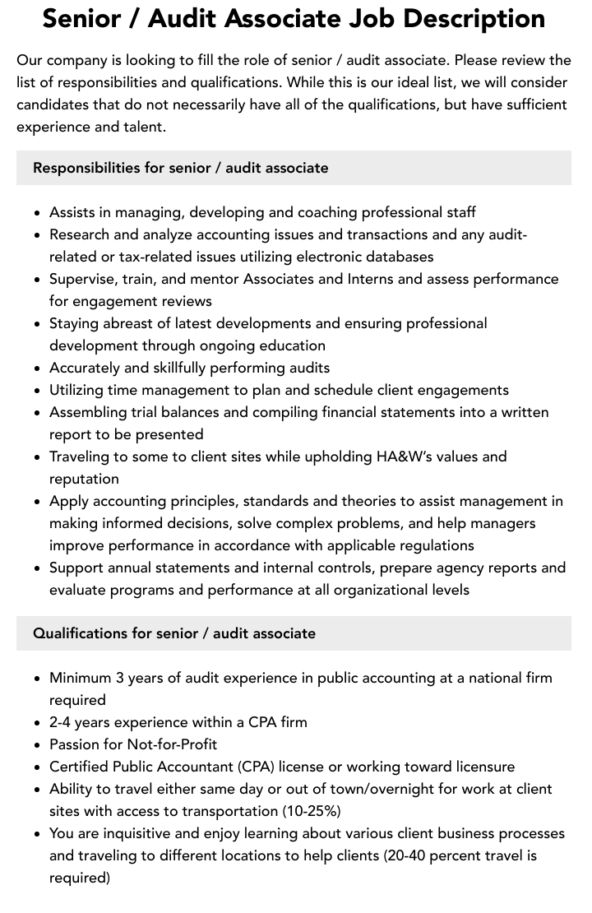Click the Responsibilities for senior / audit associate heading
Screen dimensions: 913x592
click(180, 168)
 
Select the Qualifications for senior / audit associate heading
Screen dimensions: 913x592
click(173, 633)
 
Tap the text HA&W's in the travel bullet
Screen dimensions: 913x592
click(421, 456)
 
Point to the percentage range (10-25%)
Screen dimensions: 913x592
click(312, 811)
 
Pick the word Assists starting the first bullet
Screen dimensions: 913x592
click(72, 212)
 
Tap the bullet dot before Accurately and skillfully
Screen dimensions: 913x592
click(38, 368)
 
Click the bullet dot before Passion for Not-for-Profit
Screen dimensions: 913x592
click(38, 745)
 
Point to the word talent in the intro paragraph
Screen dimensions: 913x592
click(144, 127)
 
